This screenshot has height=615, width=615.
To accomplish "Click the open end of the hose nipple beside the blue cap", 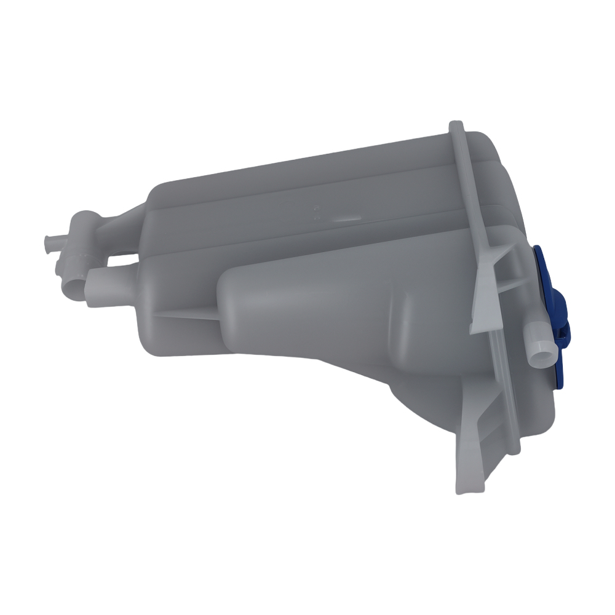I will (541, 357).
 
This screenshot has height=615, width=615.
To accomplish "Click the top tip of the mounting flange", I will (456, 126).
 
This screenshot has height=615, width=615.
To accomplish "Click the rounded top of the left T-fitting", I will (84, 219).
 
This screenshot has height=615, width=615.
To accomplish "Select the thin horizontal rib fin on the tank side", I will (184, 313).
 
